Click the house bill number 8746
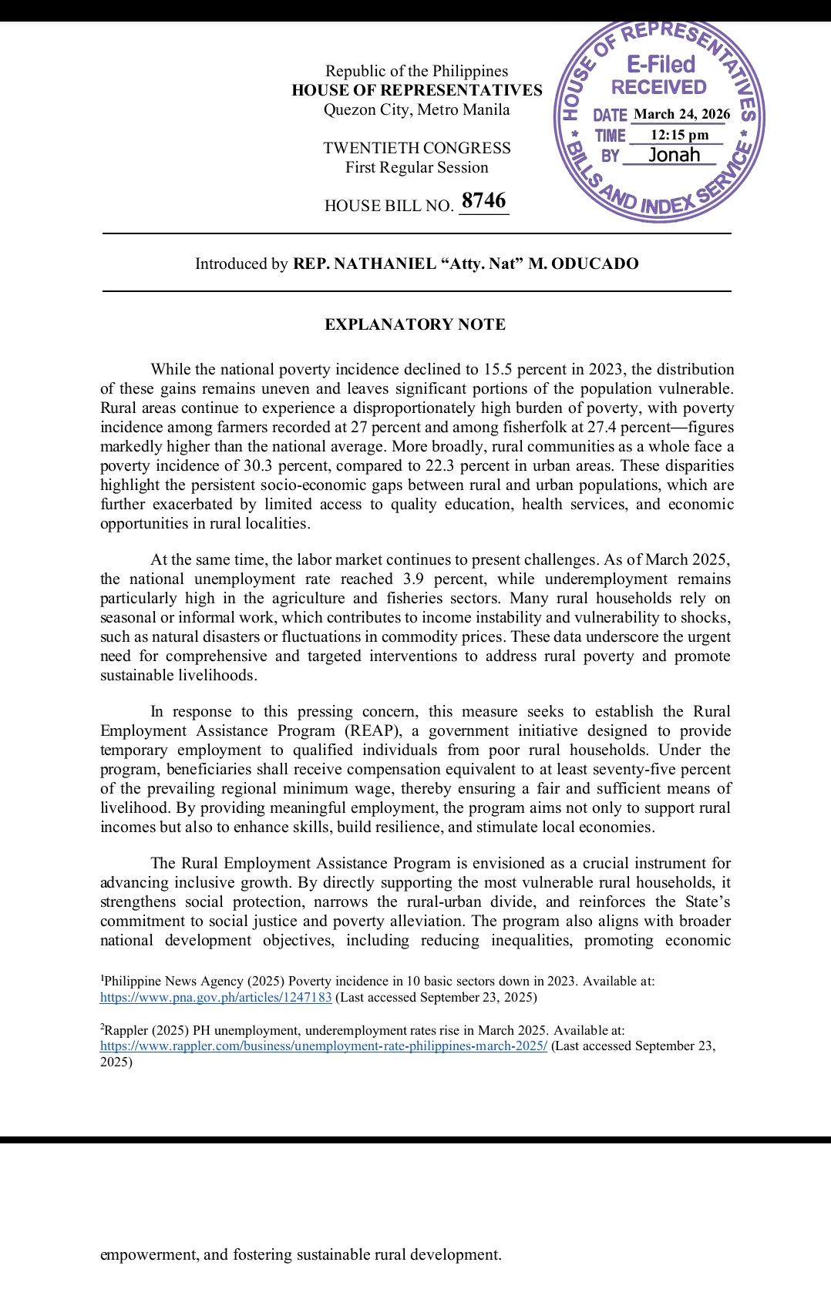[483, 201]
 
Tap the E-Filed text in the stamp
[661, 64]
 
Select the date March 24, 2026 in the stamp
[681, 114]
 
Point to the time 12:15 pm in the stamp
[679, 135]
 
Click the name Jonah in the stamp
[675, 155]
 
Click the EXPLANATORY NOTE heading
[415, 324]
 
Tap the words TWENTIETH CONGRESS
[416, 148]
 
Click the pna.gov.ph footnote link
[216, 997]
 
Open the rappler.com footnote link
[324, 1046]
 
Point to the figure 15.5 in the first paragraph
[499, 369]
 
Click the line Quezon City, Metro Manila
[416, 109]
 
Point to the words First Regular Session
[416, 167]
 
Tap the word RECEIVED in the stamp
[658, 87]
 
